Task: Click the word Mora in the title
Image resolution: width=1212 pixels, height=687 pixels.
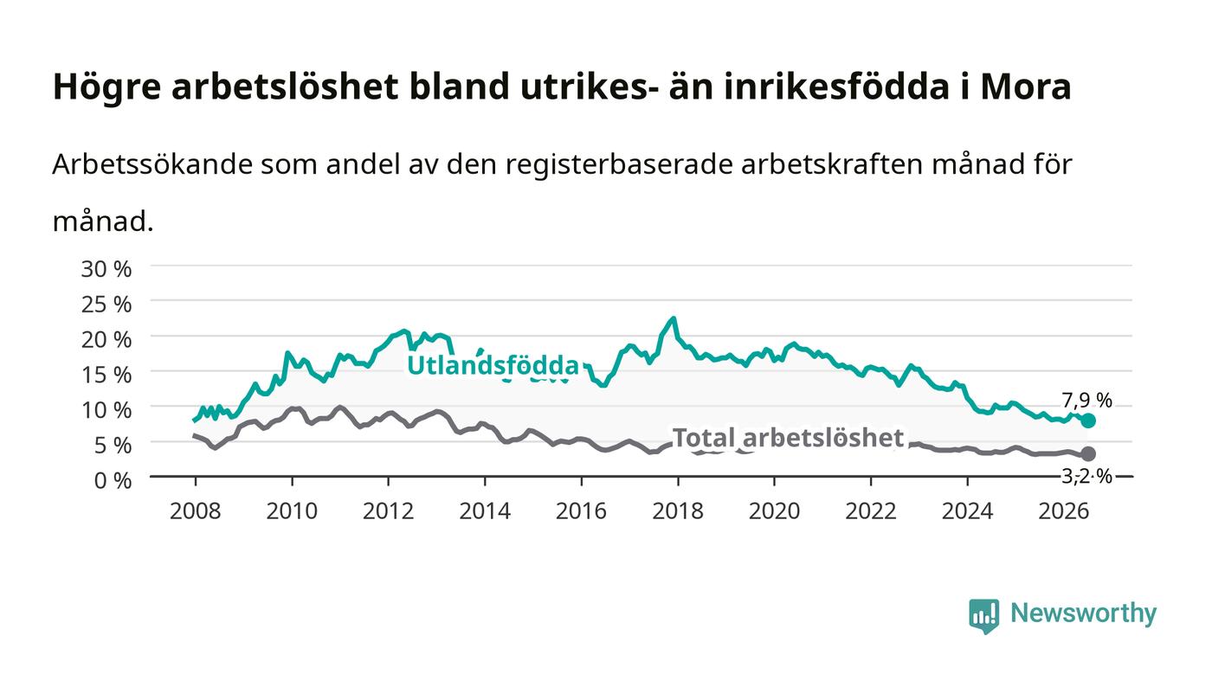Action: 1026,87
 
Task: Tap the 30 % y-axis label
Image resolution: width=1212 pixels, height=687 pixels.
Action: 106,269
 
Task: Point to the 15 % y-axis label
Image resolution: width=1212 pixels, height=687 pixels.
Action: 106,375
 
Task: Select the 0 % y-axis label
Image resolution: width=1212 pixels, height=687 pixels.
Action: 113,480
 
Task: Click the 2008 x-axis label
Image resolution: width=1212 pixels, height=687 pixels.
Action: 196,511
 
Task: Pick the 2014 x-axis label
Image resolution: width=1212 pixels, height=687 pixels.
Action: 485,511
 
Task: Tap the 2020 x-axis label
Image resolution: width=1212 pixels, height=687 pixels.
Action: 774,511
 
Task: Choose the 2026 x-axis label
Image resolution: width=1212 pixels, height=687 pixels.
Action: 1064,511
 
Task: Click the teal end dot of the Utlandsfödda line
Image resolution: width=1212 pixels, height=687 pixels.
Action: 1089,421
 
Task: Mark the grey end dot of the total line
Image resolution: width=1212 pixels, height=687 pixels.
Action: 1089,453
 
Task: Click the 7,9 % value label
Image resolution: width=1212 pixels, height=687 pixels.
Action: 1087,401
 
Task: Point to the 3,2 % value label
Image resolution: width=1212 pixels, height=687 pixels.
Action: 1087,477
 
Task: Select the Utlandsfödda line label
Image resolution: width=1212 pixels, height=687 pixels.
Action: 493,366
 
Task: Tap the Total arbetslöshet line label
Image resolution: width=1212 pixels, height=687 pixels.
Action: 788,438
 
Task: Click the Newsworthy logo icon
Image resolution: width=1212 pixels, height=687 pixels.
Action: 984,616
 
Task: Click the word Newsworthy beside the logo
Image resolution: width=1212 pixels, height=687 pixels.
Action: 1083,613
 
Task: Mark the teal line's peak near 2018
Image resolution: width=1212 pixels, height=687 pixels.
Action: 674,318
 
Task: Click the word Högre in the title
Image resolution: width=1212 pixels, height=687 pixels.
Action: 106,87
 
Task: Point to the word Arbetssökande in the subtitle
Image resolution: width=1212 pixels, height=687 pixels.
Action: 152,164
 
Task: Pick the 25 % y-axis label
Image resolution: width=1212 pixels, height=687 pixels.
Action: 106,305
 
